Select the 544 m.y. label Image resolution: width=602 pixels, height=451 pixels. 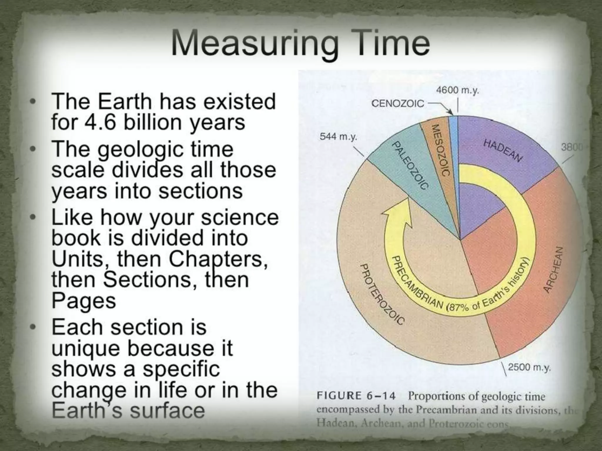tap(338, 137)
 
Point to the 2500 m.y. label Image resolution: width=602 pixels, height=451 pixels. tap(529, 367)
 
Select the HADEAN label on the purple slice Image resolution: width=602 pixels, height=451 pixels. tap(503, 151)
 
